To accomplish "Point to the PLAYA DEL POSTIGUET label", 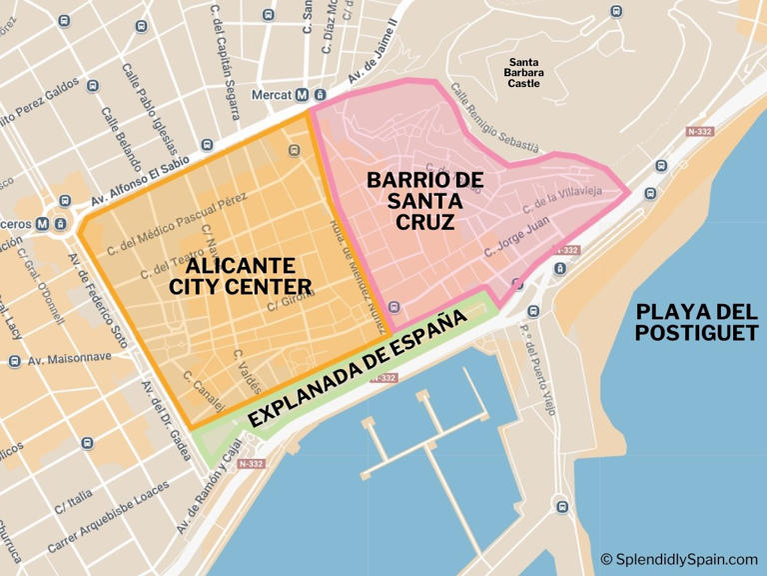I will [696, 322].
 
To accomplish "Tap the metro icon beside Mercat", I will [303, 95].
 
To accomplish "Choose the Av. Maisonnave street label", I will [66, 360].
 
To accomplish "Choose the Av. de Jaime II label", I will [372, 66].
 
